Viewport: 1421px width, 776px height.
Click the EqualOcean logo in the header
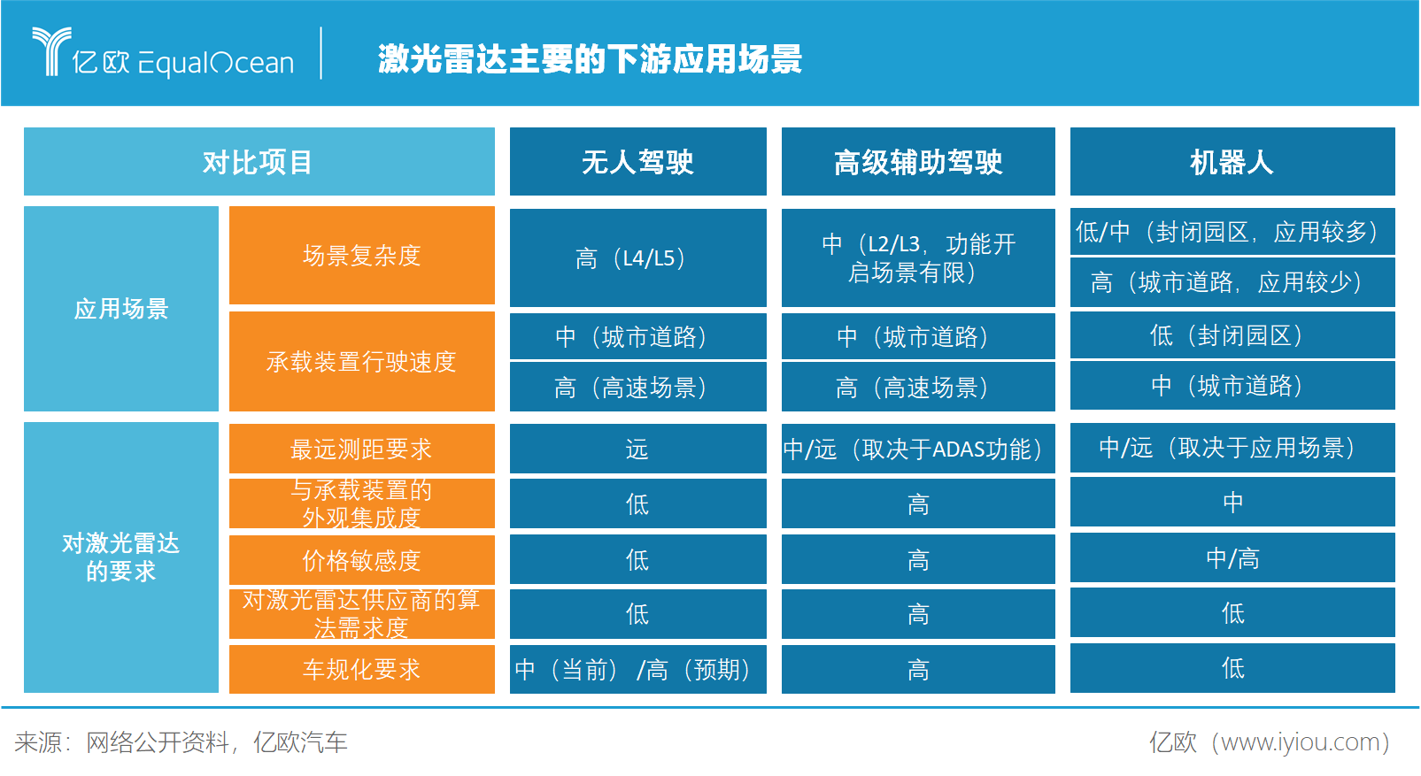[164, 55]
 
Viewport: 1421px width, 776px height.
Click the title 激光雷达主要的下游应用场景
[590, 59]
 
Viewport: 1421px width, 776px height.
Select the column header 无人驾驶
[637, 162]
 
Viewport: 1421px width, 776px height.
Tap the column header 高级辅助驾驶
[918, 162]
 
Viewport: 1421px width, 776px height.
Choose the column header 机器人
[1232, 162]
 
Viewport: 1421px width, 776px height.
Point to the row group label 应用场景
[121, 309]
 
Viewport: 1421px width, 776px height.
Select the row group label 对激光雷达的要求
[121, 557]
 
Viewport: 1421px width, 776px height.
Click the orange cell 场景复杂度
[361, 256]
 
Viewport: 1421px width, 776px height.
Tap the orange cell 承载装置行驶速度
[361, 361]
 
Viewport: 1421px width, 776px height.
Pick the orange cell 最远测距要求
[361, 449]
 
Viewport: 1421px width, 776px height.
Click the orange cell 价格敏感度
[361, 560]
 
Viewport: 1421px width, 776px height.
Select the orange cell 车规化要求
[361, 669]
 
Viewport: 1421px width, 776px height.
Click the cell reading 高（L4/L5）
[637, 258]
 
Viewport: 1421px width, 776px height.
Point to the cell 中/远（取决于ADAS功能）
[918, 449]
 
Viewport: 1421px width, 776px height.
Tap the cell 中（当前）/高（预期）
[637, 670]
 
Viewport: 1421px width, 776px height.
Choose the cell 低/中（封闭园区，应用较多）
[1232, 232]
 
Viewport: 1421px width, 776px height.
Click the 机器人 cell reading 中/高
[1232, 558]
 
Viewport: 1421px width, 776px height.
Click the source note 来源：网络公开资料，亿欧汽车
[181, 742]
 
